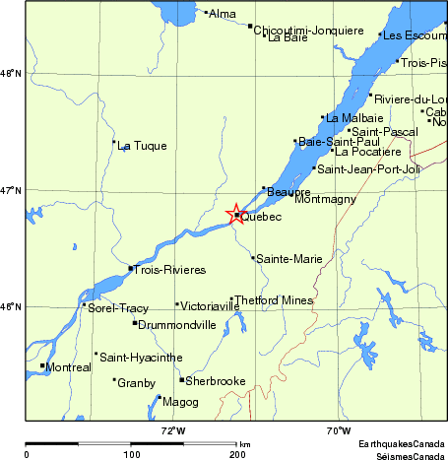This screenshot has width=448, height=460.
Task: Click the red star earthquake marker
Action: (x=236, y=215)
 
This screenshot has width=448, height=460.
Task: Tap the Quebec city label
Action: (x=261, y=217)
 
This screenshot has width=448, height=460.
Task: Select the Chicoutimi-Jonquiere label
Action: (x=308, y=31)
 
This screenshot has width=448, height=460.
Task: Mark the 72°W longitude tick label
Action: (x=174, y=430)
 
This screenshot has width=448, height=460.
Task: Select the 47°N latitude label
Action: (x=10, y=189)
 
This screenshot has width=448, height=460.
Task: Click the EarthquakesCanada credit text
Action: (x=401, y=444)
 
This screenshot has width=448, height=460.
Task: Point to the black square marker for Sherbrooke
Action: (x=182, y=379)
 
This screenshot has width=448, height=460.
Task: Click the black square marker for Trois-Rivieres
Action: (x=130, y=268)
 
